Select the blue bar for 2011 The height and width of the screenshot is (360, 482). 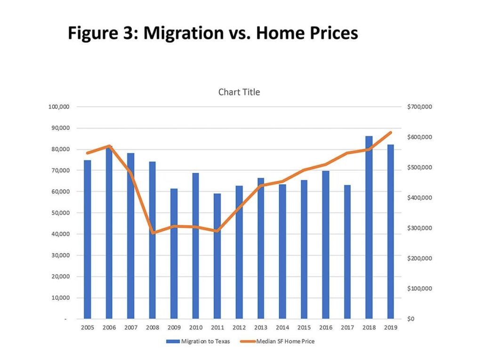[x=217, y=256]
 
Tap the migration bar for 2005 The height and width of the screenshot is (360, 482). [x=87, y=240]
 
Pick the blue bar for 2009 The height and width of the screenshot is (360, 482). [x=174, y=254]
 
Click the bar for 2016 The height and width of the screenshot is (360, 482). [x=326, y=245]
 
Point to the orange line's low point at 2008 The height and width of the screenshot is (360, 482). [x=152, y=232]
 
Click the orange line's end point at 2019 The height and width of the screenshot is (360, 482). [x=390, y=133]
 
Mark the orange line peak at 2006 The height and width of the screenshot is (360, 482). [x=109, y=146]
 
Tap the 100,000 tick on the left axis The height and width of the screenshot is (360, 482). [x=59, y=107]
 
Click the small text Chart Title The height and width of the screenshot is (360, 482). [x=239, y=92]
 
